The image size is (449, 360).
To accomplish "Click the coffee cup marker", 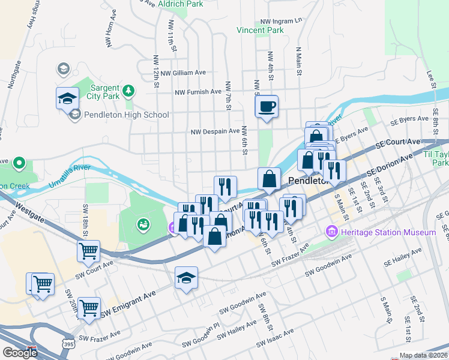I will pos(267,107).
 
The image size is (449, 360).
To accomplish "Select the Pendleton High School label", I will pos(127,115).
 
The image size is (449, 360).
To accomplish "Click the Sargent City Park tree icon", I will pos(128,91).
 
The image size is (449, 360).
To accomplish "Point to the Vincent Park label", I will pos(259,30).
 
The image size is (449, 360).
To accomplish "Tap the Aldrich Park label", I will pos(180,4).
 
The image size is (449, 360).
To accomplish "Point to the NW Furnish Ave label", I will pos(198,92).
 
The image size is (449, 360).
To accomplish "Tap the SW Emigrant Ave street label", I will pos(128,304).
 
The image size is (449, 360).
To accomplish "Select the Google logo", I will pos(19,352).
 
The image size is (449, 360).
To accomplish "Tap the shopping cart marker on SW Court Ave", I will pos(88,251).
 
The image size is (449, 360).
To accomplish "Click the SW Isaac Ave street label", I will pos(275,338).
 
